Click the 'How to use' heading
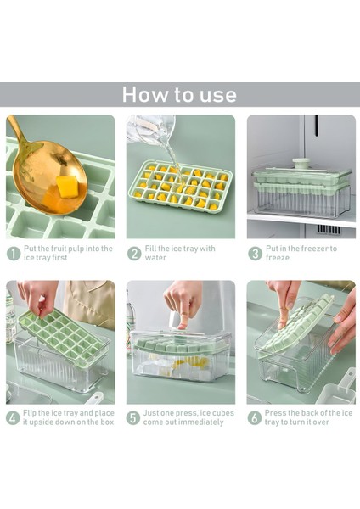click(x=179, y=94)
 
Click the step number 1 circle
click(x=14, y=254)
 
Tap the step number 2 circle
click(x=134, y=254)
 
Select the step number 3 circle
click(x=255, y=254)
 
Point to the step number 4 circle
click(x=13, y=417)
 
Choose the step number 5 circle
click(x=133, y=417)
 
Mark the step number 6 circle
click(x=254, y=417)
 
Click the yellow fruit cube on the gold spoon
click(x=68, y=187)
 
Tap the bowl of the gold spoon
click(x=50, y=178)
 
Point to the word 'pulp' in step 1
click(x=76, y=249)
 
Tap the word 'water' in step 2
click(x=155, y=258)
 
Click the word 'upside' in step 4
click(x=44, y=422)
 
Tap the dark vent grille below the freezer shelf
click(x=329, y=229)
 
